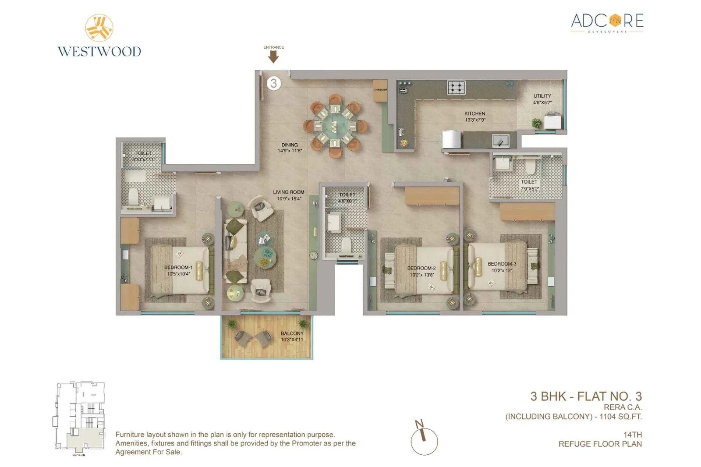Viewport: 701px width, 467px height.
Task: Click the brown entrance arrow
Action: coord(273,57)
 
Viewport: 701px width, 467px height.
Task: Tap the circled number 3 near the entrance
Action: coord(273,83)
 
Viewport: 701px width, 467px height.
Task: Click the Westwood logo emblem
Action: coord(99,28)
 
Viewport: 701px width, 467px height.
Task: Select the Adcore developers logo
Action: coord(607,22)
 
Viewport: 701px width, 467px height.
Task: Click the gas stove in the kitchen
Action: coord(456,87)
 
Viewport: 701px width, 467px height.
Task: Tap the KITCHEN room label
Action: coord(474,113)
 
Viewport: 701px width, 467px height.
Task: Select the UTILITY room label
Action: coord(542,96)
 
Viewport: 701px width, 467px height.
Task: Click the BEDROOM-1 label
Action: coord(178,267)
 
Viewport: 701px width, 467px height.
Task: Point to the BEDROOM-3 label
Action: coord(502,264)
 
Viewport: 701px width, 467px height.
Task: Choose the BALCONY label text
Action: coord(292,333)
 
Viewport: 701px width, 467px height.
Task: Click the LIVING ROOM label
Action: coord(288,192)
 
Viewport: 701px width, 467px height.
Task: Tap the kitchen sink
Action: coord(500,141)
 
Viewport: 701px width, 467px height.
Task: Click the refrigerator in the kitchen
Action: coord(452,140)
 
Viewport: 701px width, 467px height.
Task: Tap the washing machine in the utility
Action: coord(552,120)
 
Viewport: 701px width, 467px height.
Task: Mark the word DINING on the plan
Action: coord(290,145)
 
